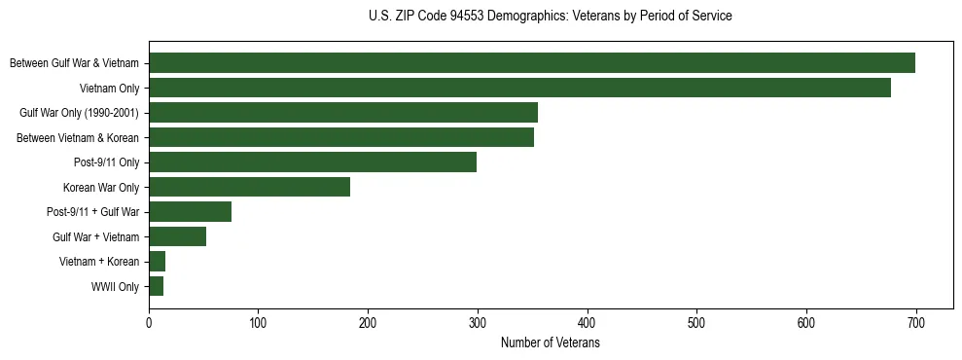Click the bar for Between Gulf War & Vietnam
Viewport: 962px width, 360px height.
(x=532, y=63)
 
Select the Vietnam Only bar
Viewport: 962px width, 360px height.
(x=519, y=88)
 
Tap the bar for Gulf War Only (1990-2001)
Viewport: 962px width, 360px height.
(x=343, y=113)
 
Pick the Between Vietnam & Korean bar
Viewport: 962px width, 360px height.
(x=341, y=137)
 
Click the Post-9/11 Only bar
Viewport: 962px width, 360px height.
(x=312, y=162)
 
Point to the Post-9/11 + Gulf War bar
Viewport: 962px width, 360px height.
(x=190, y=212)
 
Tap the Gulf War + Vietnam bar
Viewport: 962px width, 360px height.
(x=177, y=236)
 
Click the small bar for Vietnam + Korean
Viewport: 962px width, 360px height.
(x=157, y=262)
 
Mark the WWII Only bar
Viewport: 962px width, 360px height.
(x=156, y=286)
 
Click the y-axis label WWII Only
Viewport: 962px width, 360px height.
(x=115, y=287)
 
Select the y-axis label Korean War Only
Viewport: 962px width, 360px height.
(x=101, y=188)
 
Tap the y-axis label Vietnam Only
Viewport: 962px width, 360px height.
(x=109, y=89)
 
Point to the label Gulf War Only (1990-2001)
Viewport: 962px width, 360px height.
(x=80, y=113)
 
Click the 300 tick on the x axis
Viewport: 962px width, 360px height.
(x=478, y=324)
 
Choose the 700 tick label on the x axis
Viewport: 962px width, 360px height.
(x=915, y=324)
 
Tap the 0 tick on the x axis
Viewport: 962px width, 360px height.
(x=149, y=324)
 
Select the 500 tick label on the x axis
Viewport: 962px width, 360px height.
(x=696, y=324)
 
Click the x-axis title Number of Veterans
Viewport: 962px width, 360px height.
(x=550, y=343)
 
